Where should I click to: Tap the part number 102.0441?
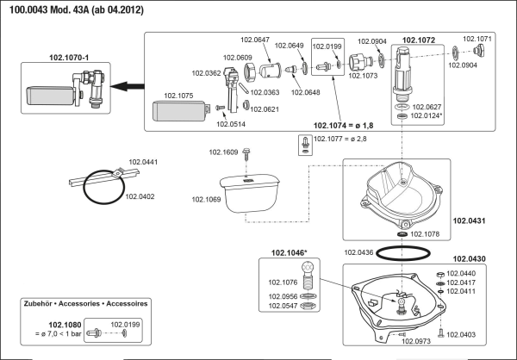pyautogui.click(x=143, y=161)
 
